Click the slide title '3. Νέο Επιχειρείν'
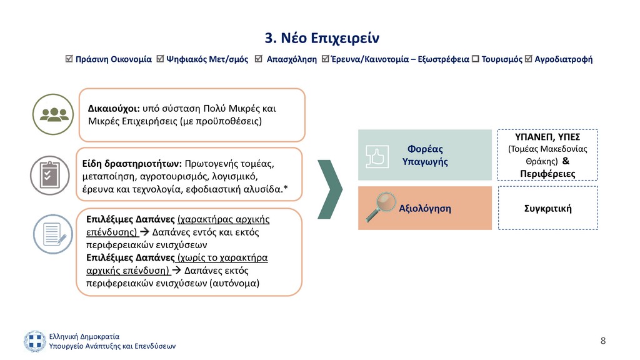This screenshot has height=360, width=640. tap(322, 38)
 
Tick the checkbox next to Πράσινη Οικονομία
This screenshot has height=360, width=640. tap(69, 59)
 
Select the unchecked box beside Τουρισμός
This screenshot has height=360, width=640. tap(475, 59)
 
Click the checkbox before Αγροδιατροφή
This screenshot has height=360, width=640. tap(529, 59)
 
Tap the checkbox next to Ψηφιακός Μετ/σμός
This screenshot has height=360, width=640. tap(160, 59)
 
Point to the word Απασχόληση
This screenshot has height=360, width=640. tap(291, 59)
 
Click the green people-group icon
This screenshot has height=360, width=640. tap(53, 114)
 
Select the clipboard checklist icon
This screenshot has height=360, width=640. tap(50, 175)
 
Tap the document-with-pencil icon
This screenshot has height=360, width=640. tap(53, 234)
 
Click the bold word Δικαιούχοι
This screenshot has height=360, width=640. tap(114, 109)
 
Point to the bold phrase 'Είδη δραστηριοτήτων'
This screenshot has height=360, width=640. tap(132, 164)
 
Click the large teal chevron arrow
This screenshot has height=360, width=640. tap(330, 189)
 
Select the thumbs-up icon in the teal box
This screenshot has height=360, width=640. tap(377, 157)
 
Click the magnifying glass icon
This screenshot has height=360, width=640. tap(381, 206)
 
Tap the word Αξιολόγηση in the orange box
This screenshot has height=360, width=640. tap(425, 209)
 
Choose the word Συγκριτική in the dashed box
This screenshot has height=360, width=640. tap(547, 209)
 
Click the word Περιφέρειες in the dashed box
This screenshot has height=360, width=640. tap(547, 174)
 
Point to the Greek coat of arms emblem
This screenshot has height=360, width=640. tap(35, 341)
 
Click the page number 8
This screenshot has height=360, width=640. tap(603, 341)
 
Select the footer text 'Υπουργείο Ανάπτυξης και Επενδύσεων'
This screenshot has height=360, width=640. tap(112, 346)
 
